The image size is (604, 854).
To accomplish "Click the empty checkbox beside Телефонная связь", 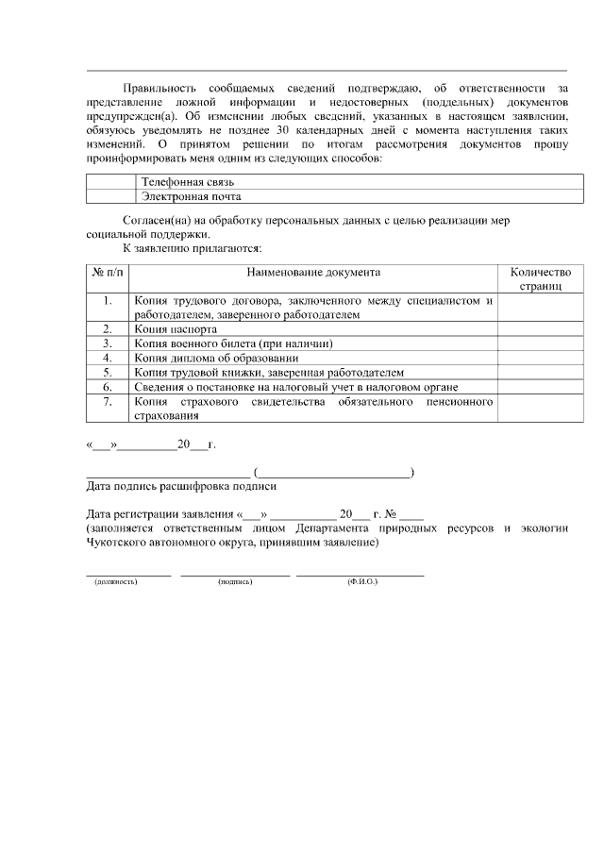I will [111, 182].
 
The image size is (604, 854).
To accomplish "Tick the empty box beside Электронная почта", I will [111, 196].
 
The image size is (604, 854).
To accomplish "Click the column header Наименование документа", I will [313, 273].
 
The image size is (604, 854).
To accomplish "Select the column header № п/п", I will [109, 273].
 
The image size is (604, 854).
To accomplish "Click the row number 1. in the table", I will [109, 301].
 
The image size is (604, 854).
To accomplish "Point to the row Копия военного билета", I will [233, 343].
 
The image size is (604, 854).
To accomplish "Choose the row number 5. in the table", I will [109, 373].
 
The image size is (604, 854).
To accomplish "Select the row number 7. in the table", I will [109, 402].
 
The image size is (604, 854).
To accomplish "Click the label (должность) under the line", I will [116, 581].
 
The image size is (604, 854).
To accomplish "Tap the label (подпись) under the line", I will [235, 581].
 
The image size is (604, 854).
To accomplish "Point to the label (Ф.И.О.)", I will [361, 581].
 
